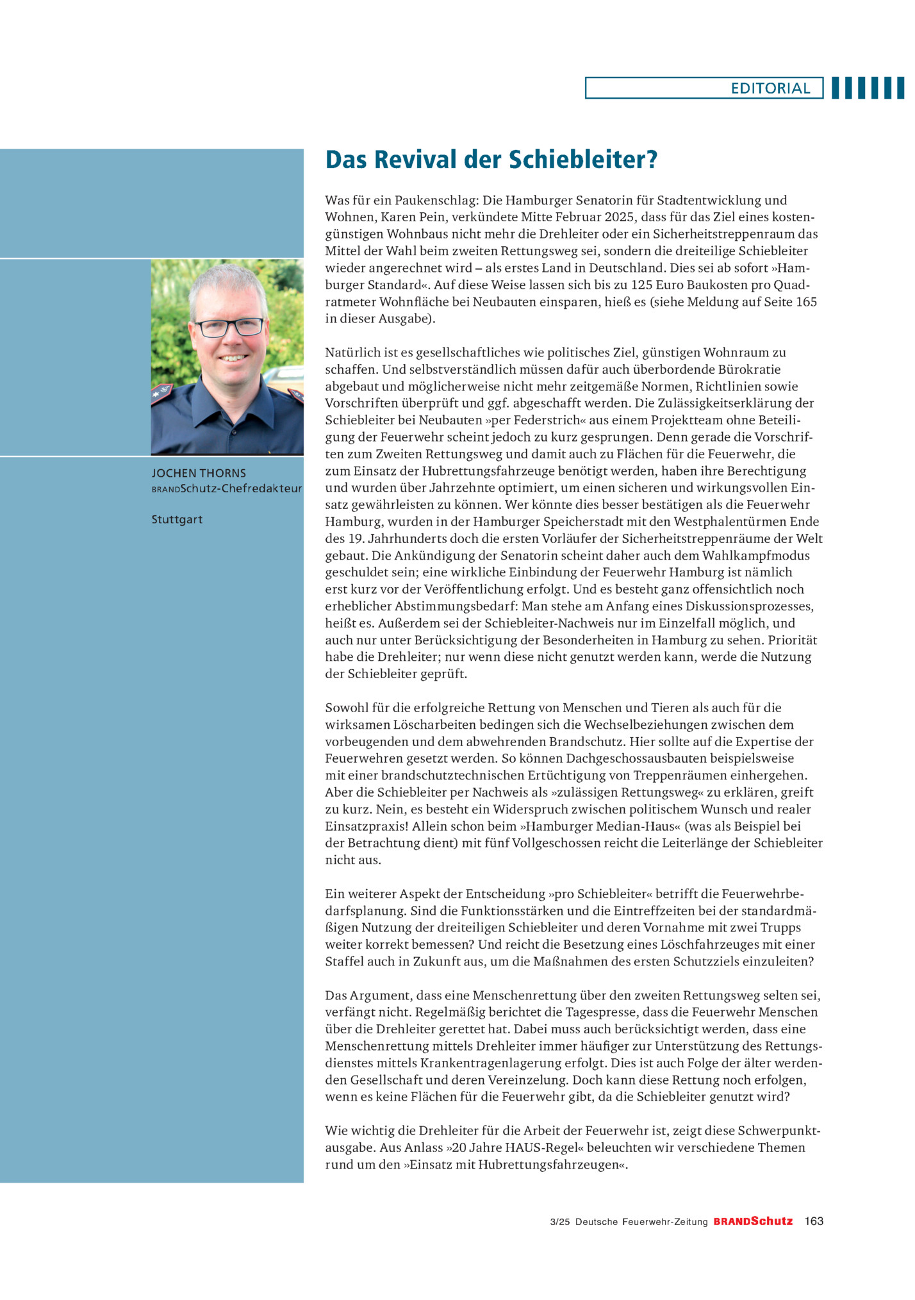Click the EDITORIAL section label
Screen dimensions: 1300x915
[x=770, y=88]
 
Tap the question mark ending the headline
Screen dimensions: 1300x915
[x=652, y=160]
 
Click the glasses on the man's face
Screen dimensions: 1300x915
[x=229, y=327]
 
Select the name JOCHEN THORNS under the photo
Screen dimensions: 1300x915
[x=199, y=473]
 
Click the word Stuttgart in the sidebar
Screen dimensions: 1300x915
[x=177, y=519]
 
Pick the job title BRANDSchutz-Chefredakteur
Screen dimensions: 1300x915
[x=227, y=488]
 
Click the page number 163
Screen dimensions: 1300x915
[x=814, y=1221]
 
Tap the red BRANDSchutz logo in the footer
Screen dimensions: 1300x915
[x=753, y=1221]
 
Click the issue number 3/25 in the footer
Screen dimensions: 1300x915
[x=559, y=1222]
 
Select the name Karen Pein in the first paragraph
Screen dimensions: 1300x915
[x=420, y=217]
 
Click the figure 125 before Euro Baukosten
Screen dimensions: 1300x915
[x=642, y=285]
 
